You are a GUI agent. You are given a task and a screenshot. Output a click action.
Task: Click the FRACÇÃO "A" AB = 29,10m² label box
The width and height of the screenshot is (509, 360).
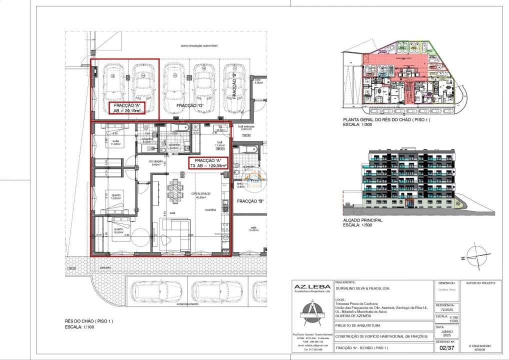(x=127, y=108)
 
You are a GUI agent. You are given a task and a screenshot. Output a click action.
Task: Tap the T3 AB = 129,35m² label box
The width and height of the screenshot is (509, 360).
(x=207, y=162)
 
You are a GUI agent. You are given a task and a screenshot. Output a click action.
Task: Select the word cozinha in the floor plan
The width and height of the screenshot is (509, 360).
(x=210, y=210)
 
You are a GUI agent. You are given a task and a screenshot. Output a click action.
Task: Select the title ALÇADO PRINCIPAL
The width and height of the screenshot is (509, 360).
(x=362, y=220)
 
